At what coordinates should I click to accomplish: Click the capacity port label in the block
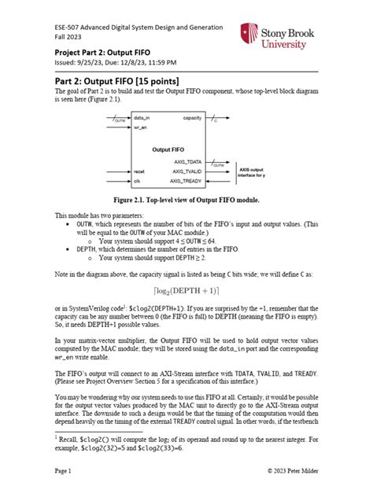click(x=191, y=117)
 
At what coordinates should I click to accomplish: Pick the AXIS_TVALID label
click(x=190, y=171)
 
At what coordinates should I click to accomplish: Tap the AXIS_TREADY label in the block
click(x=190, y=180)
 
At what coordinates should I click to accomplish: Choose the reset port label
click(x=140, y=171)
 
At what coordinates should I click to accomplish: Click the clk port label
click(x=138, y=180)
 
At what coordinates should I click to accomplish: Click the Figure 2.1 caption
click(x=185, y=201)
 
